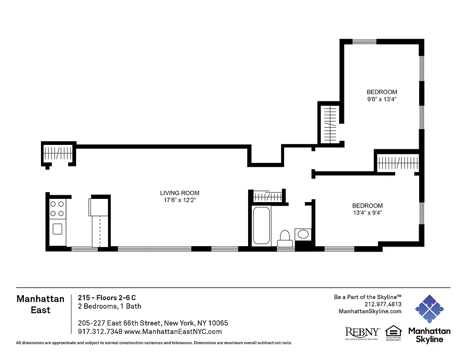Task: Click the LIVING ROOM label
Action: point(180,193)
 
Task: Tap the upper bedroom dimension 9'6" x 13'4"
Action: point(381,99)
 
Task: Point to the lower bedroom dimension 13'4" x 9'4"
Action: point(367,213)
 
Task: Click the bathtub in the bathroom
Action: point(261,225)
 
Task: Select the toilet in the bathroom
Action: point(285,238)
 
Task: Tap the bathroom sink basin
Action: point(303,234)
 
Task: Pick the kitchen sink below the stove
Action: point(57,229)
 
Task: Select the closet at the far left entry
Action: point(58,153)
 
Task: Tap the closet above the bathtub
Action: point(268,197)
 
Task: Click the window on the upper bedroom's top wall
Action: point(364,42)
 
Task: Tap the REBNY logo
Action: point(362,333)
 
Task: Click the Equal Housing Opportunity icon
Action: point(393,333)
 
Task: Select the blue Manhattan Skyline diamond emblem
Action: point(429,310)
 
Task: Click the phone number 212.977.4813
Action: point(384,304)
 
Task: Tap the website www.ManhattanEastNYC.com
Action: point(173,332)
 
